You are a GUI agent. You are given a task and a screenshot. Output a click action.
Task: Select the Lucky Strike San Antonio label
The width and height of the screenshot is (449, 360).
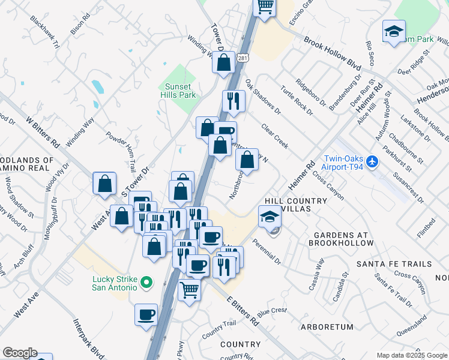[x=115, y=283]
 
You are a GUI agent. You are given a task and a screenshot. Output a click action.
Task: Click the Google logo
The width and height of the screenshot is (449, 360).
[x=20, y=353]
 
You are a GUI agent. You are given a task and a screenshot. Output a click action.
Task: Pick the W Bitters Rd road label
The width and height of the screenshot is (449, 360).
[x=43, y=132]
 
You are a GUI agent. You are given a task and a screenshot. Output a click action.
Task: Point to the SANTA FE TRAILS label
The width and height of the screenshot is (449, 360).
[x=394, y=264]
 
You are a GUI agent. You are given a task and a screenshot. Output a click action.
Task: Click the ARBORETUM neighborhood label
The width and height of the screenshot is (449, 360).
[x=327, y=327]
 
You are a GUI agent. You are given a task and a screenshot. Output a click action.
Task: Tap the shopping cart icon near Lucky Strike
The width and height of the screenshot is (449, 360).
[x=190, y=290]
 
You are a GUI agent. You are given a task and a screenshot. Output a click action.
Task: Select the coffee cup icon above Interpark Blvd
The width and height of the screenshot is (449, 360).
[x=146, y=314]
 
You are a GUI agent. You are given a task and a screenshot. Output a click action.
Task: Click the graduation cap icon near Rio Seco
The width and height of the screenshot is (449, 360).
[x=394, y=31]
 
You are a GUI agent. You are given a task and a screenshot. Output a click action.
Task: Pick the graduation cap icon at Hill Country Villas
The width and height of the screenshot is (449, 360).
[x=270, y=217]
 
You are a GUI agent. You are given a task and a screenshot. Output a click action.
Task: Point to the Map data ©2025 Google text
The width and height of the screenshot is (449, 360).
[x=411, y=355]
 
